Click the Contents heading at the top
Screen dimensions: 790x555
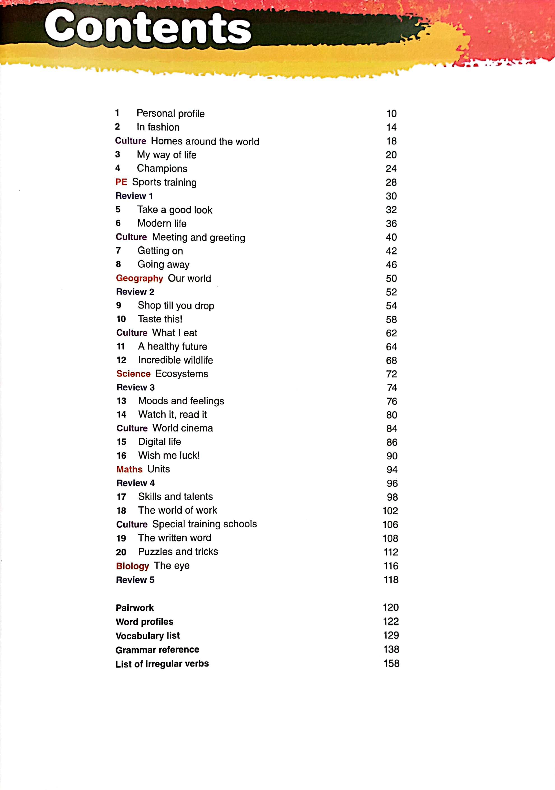148,27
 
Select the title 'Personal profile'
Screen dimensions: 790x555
170,113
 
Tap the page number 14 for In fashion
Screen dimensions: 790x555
391,127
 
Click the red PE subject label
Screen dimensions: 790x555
121,182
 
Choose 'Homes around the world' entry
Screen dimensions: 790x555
205,141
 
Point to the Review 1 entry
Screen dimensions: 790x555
134,196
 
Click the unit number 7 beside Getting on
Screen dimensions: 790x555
118,251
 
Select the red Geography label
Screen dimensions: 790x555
139,278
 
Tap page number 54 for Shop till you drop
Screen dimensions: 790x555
391,306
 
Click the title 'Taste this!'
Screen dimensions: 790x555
160,319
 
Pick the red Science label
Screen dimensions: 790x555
133,374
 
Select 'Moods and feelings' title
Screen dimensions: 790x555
181,401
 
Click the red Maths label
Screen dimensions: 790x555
129,469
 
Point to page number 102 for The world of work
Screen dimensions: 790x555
390,511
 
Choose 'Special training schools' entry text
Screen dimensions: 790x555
205,524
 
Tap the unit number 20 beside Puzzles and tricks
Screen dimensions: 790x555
121,552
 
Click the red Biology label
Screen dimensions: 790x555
132,566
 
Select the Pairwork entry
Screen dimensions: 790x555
135,608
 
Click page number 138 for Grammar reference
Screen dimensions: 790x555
391,649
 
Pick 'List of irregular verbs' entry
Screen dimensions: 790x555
162,664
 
